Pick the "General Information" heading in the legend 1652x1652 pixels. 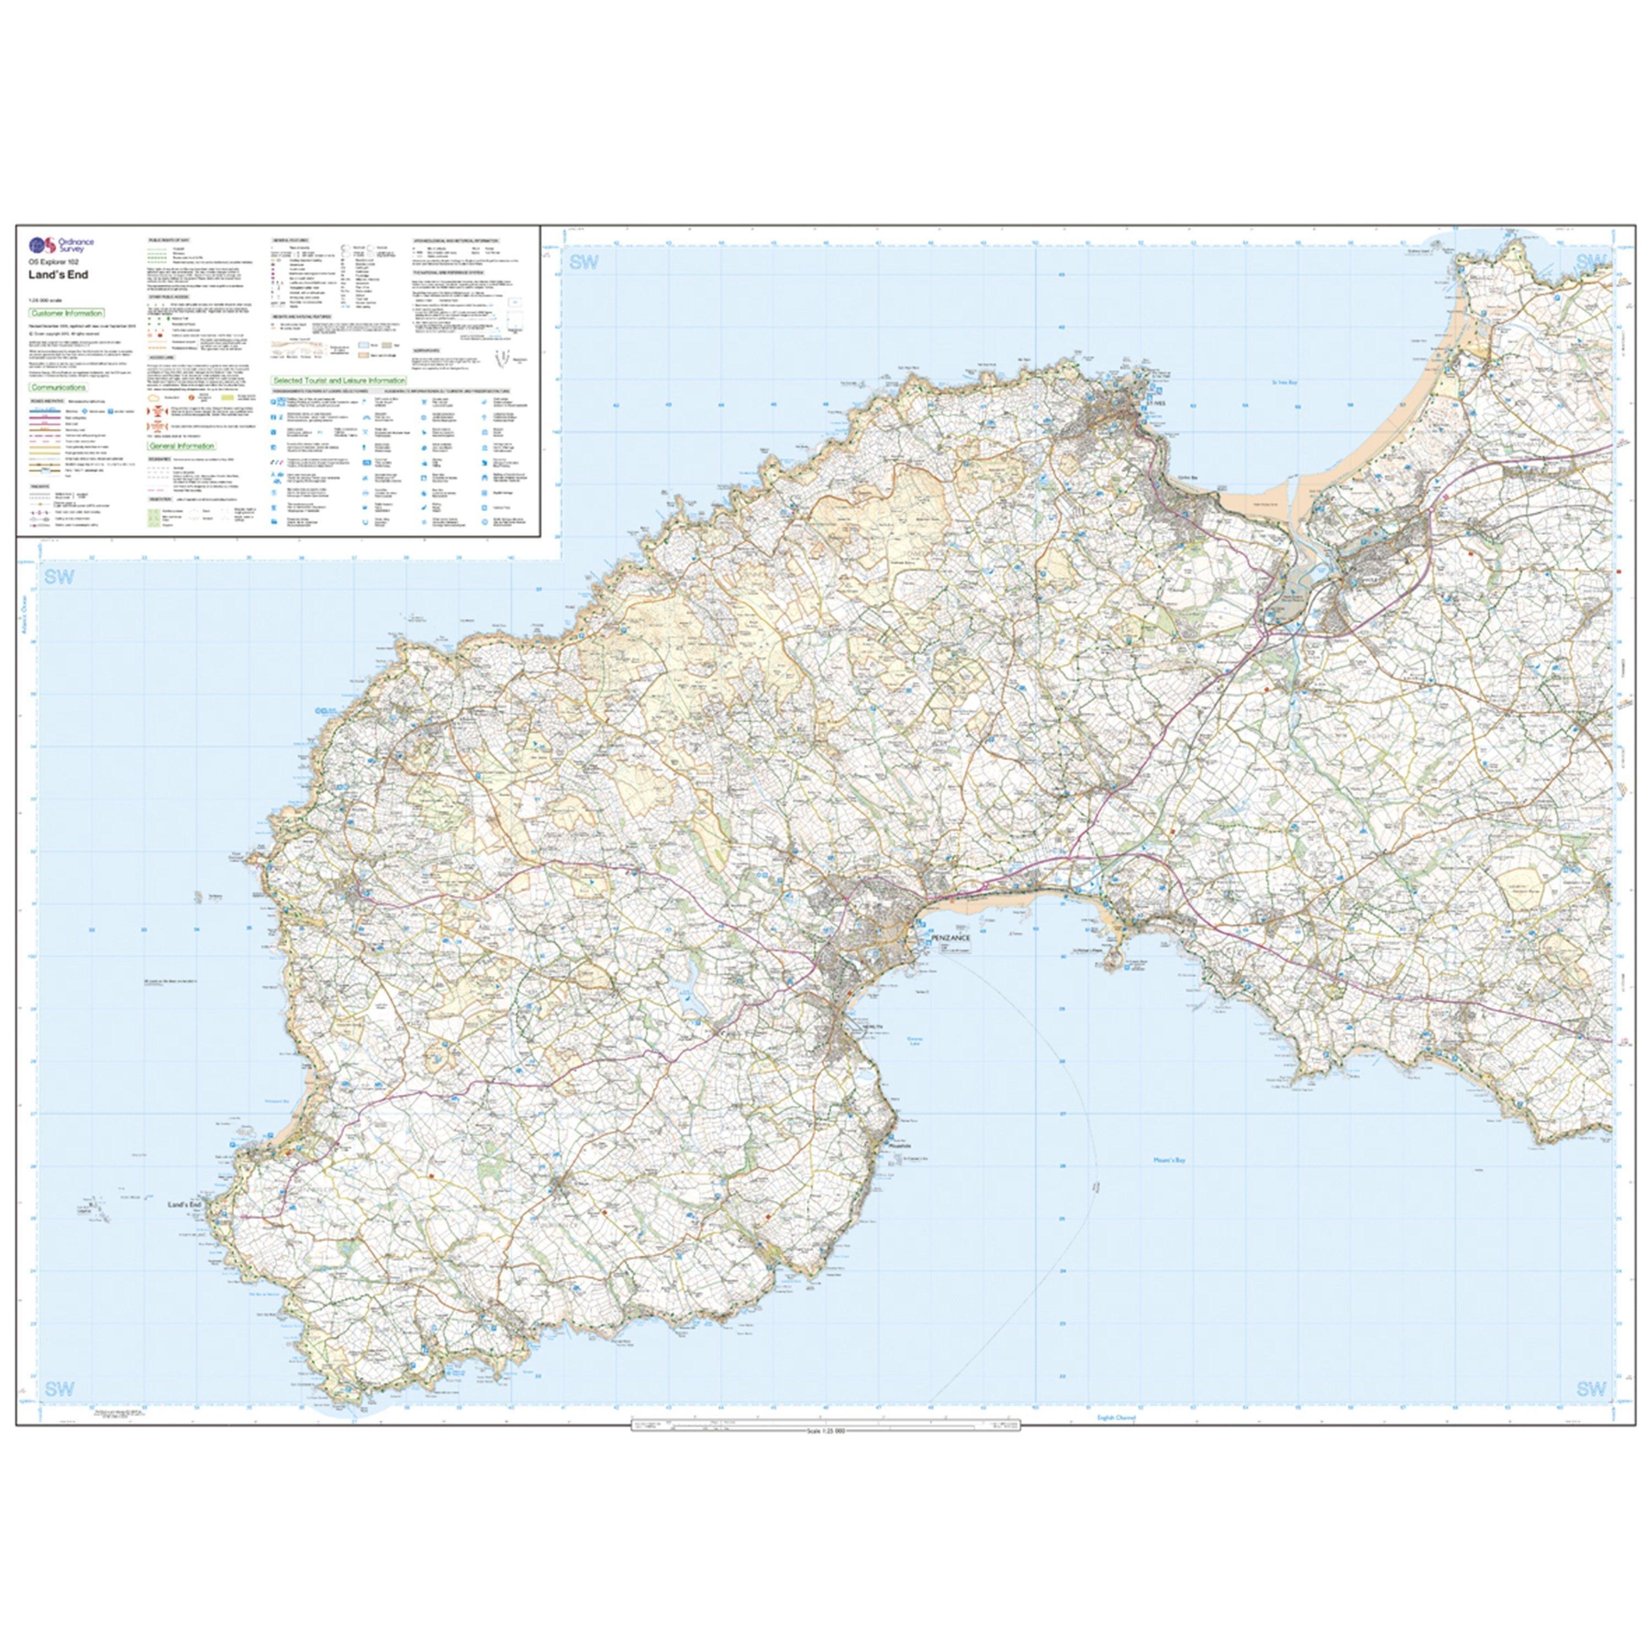[x=181, y=447]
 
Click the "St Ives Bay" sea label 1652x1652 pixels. [x=1284, y=382]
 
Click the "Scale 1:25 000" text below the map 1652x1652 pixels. [x=825, y=1431]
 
